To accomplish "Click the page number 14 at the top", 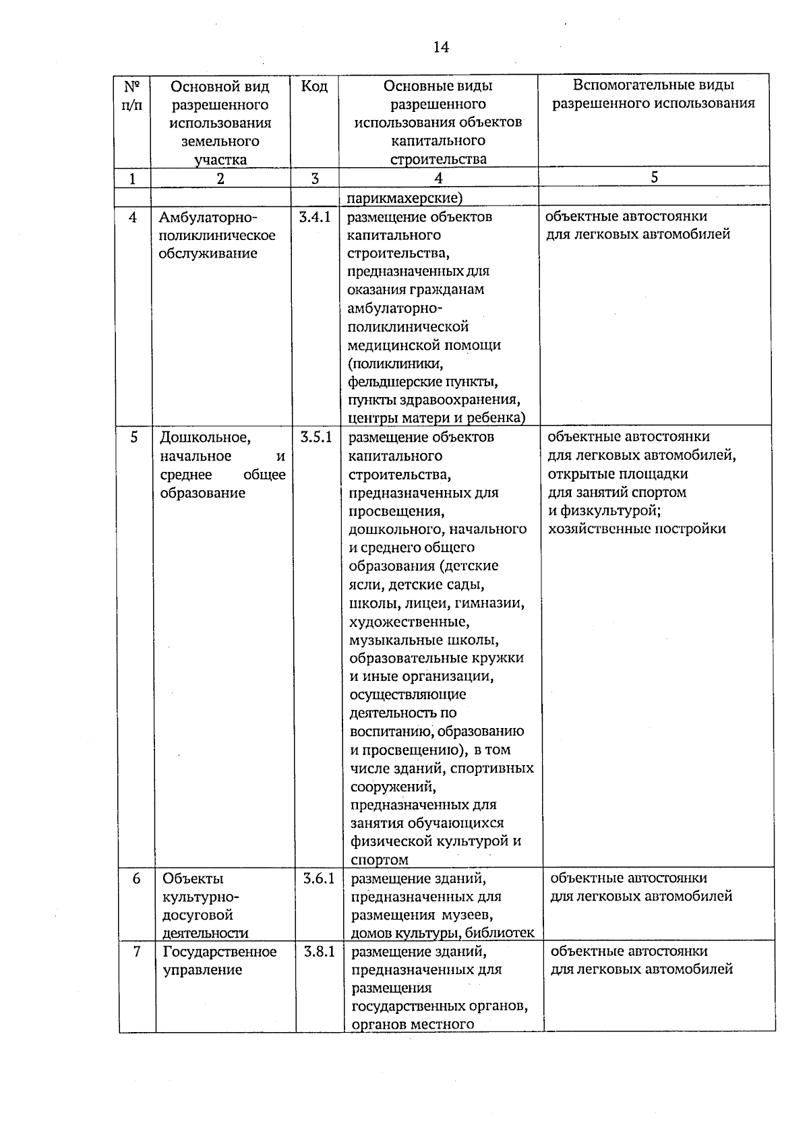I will [x=441, y=47].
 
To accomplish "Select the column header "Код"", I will [x=314, y=86].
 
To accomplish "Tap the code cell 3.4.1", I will [x=315, y=217].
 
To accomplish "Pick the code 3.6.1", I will [x=318, y=878].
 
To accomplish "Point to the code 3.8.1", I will [x=319, y=951].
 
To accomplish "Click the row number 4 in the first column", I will [x=133, y=217].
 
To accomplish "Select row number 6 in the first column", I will [x=136, y=878].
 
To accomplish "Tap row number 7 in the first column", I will [x=137, y=951].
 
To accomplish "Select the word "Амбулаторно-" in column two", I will [x=207, y=217].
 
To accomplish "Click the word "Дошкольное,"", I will [x=205, y=438].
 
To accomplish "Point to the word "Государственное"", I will [x=220, y=951].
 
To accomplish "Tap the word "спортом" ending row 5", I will [x=380, y=860].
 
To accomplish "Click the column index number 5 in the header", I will [x=654, y=177].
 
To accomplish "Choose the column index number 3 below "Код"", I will [x=314, y=178].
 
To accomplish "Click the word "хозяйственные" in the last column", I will [x=594, y=529].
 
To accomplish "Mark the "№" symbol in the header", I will [x=132, y=86].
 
